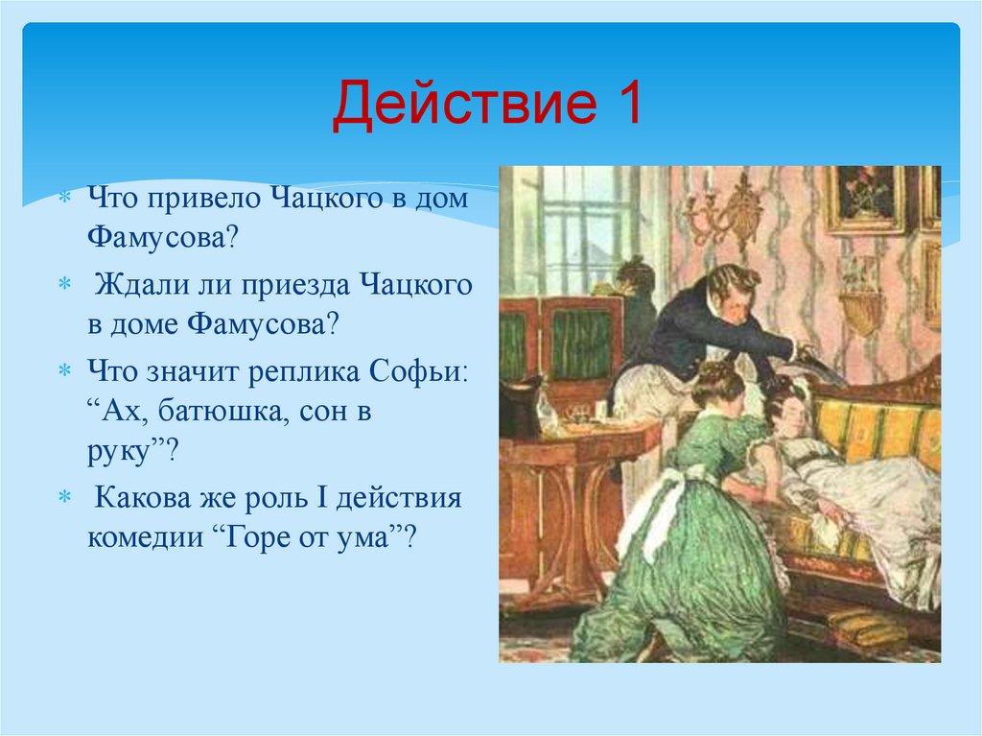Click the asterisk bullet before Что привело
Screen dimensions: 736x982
pyautogui.click(x=64, y=197)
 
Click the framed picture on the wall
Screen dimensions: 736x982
pyautogui.click(x=866, y=199)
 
